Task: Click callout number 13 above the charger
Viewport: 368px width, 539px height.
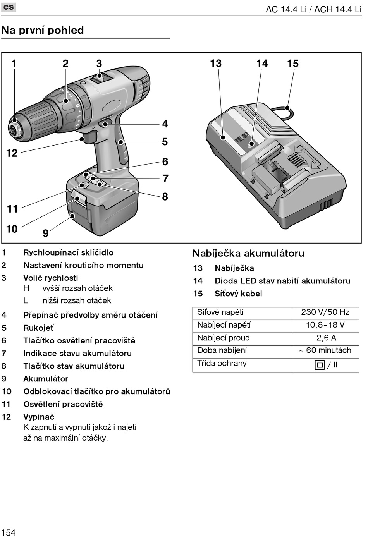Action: (216, 64)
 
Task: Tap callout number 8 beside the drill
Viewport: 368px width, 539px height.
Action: (165, 197)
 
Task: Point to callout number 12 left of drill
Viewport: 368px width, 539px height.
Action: (12, 153)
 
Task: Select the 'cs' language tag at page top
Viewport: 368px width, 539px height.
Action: (9, 7)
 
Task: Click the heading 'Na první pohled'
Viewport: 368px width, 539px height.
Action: (43, 30)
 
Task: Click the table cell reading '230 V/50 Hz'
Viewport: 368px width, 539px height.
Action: (325, 312)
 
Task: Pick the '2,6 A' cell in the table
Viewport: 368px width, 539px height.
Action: (326, 338)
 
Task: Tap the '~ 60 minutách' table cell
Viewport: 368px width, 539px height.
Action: (325, 350)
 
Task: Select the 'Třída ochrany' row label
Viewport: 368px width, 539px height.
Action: (222, 363)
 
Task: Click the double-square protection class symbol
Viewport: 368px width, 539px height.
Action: (320, 365)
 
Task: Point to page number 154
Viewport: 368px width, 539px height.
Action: (8, 532)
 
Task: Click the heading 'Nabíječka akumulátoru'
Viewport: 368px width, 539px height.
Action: (248, 253)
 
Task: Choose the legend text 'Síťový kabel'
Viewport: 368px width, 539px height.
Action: (238, 294)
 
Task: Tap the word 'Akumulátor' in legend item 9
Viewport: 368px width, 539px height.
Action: (46, 379)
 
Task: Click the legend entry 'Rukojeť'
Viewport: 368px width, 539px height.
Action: (38, 328)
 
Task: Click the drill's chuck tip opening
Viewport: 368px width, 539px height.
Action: (14, 127)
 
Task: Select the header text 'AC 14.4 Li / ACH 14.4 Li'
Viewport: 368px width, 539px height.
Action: (313, 9)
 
